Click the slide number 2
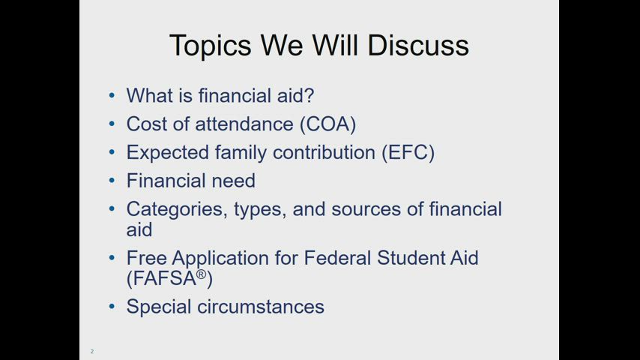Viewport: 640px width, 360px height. (x=92, y=351)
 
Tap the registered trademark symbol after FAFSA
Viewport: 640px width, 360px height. (x=201, y=274)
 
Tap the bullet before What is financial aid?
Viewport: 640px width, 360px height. (x=112, y=96)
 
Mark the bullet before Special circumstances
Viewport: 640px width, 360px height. (x=112, y=306)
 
